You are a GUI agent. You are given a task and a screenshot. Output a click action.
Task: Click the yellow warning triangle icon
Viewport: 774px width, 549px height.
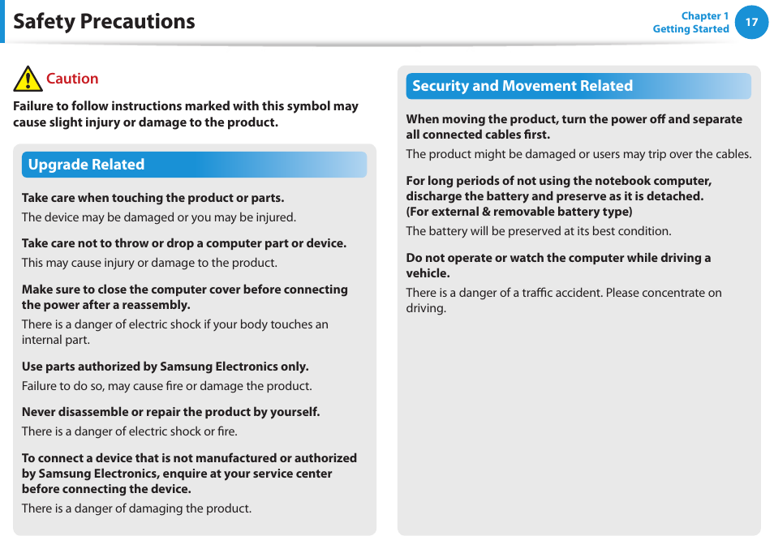28,79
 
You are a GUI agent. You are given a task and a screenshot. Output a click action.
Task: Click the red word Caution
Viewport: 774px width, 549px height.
72,79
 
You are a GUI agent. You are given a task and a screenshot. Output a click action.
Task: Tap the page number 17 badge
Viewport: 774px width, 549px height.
751,22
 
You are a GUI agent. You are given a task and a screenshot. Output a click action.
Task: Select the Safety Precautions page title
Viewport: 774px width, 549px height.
104,21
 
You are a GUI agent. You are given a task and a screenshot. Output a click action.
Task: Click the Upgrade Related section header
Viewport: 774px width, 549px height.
86,165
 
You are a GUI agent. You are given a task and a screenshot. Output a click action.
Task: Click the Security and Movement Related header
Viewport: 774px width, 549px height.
522,86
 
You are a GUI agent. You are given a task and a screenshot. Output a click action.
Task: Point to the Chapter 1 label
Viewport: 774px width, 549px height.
704,15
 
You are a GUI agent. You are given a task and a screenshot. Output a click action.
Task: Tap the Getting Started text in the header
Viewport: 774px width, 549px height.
690,29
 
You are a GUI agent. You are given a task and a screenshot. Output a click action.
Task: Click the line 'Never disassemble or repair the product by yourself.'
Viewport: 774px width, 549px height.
170,412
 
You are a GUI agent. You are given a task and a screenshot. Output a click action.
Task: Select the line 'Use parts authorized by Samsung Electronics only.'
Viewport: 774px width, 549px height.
165,367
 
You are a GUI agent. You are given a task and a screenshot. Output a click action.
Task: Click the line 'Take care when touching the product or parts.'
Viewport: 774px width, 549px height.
153,198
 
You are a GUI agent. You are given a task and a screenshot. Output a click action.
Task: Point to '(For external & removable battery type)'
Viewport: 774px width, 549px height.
518,212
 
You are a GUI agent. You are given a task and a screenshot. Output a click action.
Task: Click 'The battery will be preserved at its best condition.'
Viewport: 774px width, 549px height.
538,231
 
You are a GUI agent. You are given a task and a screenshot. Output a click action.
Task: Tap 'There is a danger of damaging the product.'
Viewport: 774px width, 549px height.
136,508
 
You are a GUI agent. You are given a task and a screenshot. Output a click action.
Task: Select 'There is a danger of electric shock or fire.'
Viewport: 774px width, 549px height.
129,431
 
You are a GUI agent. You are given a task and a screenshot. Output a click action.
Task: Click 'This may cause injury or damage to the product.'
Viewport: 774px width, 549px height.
149,263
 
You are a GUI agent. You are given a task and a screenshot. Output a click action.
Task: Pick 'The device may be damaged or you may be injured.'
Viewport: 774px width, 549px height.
158,217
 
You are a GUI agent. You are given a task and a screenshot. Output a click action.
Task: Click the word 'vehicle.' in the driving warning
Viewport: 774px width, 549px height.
428,273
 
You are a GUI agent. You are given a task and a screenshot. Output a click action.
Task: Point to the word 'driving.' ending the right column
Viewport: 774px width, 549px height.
426,308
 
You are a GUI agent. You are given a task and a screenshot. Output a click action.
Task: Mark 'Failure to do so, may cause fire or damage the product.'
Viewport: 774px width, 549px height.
166,386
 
